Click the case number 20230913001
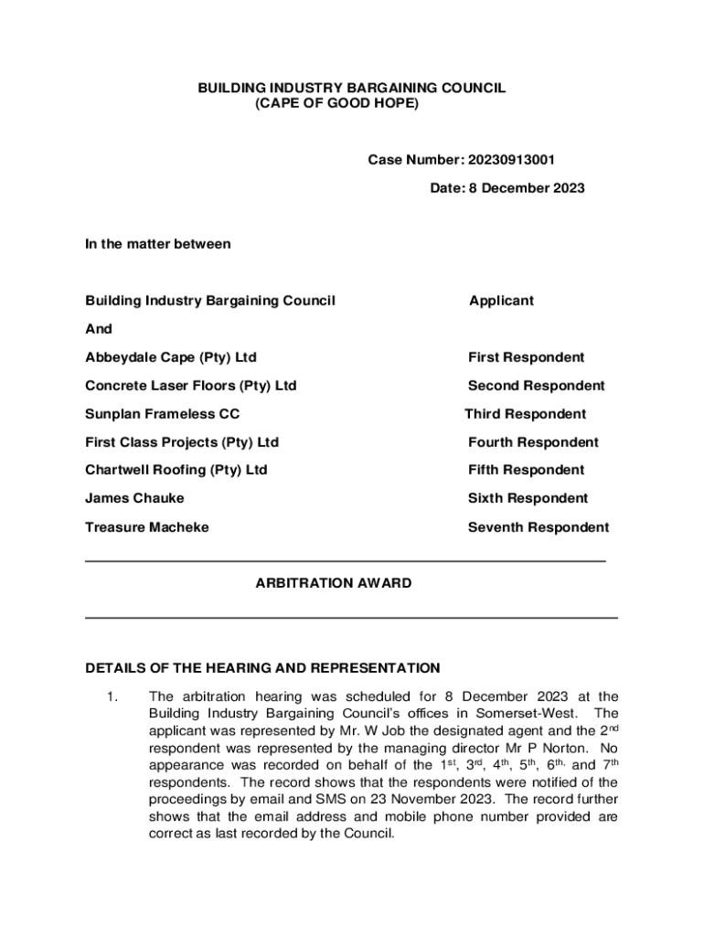[x=511, y=161]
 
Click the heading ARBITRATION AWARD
[x=334, y=583]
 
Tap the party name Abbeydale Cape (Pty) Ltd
[x=171, y=357]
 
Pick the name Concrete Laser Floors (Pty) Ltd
[x=190, y=386]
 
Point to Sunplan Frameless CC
[x=162, y=414]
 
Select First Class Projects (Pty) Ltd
[x=182, y=442]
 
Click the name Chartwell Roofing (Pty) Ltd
[x=176, y=470]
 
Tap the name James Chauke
[x=134, y=498]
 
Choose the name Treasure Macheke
[x=146, y=527]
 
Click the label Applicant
[x=501, y=301]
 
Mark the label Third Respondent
[x=525, y=414]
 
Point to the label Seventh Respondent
[x=538, y=527]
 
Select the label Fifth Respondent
[x=526, y=470]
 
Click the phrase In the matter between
[x=157, y=244]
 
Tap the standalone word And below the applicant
[x=99, y=329]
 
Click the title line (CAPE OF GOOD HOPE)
[x=336, y=105]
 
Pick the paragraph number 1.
[x=111, y=697]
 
